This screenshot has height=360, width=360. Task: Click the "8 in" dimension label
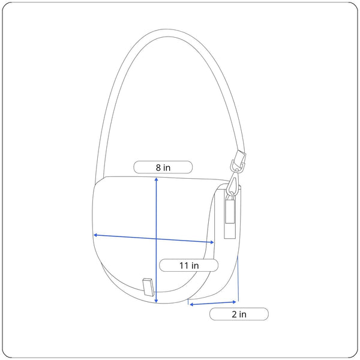163,167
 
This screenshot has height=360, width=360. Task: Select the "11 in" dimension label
189,265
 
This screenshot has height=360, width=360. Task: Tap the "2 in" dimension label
239,314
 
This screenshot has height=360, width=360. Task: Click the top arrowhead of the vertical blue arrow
157,179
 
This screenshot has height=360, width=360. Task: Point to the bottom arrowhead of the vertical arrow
157,301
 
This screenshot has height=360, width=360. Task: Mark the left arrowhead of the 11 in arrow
95,235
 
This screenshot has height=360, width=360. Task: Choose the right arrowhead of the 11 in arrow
212,242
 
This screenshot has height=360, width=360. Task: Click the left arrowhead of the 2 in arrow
191,305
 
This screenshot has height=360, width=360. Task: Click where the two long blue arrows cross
157,239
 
